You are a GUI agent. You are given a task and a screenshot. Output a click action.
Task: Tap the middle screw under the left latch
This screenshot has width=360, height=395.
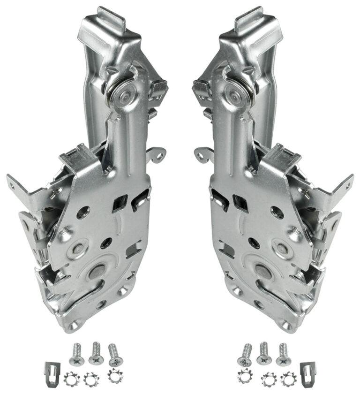[96, 353]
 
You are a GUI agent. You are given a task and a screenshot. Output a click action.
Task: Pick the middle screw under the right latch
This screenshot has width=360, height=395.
[264, 353]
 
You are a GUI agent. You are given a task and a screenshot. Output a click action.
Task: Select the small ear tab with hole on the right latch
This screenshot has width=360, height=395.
[203, 154]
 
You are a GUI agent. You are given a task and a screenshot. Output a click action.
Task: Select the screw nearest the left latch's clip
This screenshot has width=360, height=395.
[76, 354]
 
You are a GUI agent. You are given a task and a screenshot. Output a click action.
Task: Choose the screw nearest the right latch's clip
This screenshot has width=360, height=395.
[283, 354]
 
